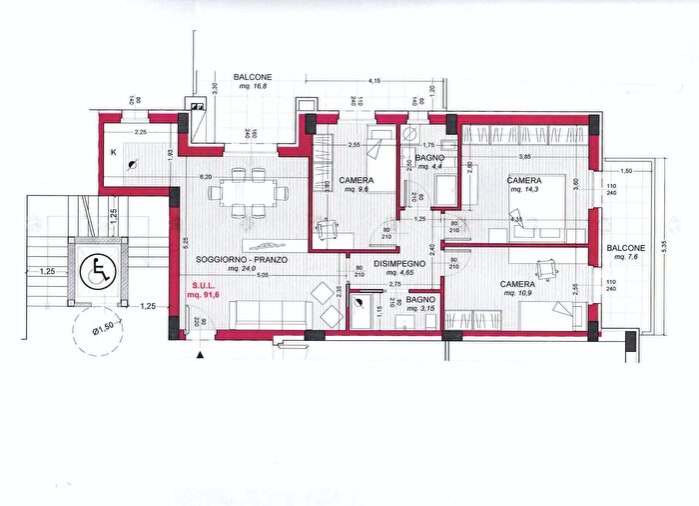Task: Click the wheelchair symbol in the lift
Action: point(98,270)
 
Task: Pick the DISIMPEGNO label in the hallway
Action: point(400,264)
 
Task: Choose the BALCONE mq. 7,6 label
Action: point(625,252)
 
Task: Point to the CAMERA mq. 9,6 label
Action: point(356,184)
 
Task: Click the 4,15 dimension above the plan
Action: point(374,80)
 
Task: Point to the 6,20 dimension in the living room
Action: point(207,177)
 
